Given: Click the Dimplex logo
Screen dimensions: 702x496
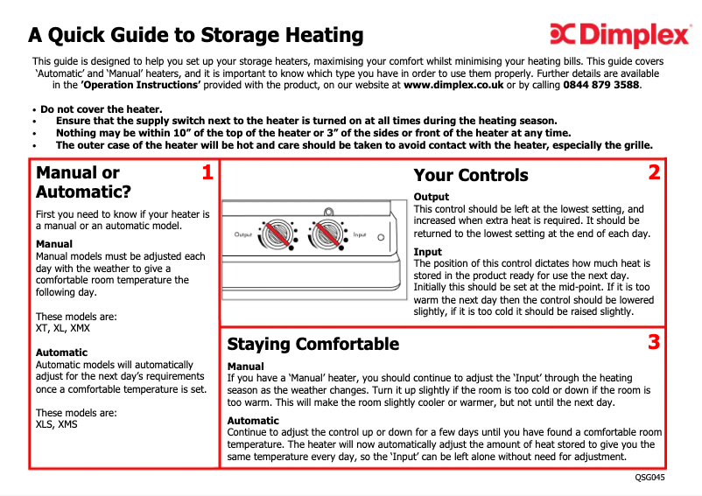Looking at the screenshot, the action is (620, 34).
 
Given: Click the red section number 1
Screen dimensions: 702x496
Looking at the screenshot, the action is (207, 172).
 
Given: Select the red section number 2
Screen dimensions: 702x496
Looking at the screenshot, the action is (654, 172).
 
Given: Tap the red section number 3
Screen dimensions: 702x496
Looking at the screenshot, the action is (654, 342).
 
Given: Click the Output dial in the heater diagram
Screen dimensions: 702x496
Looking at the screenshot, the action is (277, 234).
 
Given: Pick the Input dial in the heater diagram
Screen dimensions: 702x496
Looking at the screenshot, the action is (327, 234).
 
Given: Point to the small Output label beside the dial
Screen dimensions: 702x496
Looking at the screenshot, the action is (243, 234).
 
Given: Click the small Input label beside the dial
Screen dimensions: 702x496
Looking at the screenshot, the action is (360, 234).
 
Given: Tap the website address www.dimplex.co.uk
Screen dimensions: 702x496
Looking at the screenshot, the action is (453, 85).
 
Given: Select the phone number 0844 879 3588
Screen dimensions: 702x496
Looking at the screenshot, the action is (601, 85).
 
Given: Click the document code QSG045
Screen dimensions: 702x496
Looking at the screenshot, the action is (649, 478).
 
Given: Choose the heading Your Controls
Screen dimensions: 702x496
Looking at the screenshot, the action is (471, 175).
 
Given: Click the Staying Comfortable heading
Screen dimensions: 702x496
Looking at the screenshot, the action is (313, 344).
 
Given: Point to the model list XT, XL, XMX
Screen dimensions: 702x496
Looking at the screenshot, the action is (63, 328).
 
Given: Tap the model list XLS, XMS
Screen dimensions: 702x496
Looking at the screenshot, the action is (56, 424).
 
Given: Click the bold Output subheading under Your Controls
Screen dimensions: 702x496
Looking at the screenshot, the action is (432, 197).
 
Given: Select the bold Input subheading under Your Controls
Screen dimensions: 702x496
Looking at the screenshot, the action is (427, 252).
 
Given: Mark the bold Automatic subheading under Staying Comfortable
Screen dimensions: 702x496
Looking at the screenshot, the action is (253, 421).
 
